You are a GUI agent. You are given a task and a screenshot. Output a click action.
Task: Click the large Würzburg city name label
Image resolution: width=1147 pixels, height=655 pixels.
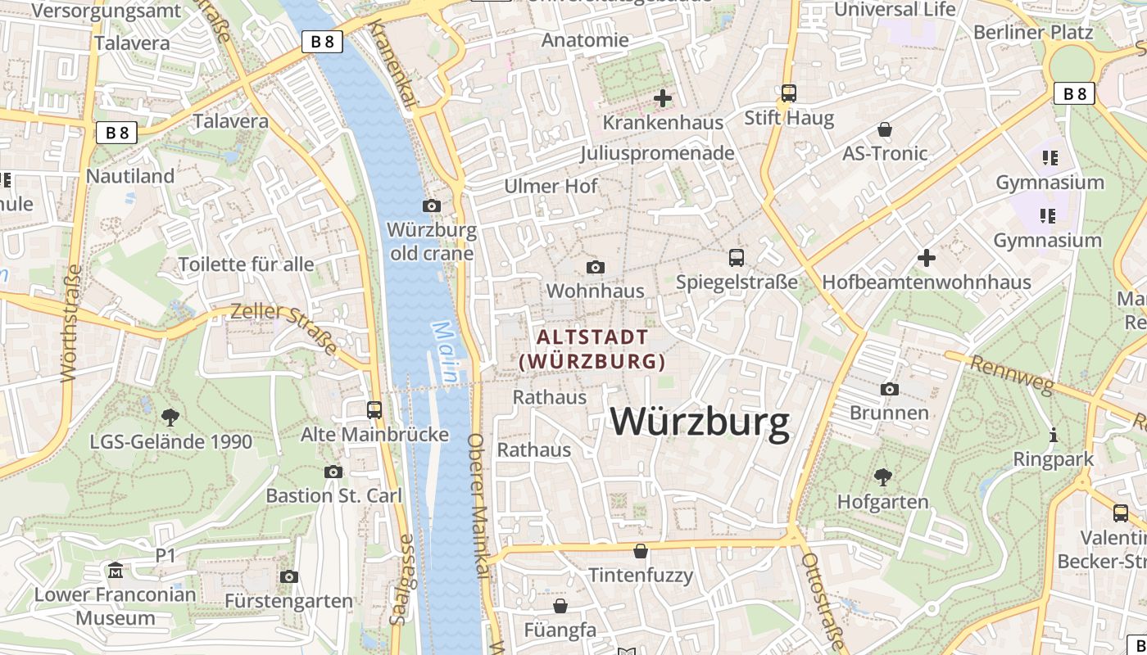(700, 422)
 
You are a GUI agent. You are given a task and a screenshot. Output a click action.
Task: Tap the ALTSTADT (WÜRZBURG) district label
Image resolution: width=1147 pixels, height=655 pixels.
(592, 349)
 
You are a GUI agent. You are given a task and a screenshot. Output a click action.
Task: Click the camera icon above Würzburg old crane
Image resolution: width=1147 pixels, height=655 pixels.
(432, 206)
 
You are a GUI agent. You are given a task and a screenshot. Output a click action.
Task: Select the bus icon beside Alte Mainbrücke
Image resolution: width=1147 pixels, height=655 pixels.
(374, 409)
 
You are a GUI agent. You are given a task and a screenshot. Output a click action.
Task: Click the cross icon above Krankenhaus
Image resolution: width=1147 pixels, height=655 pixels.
(663, 98)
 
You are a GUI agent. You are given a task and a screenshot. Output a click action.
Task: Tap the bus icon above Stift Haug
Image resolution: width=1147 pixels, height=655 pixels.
(789, 93)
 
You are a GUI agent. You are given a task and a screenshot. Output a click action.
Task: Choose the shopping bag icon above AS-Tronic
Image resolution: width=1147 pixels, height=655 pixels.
(885, 129)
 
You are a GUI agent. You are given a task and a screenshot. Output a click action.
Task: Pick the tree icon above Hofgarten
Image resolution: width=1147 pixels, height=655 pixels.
(882, 477)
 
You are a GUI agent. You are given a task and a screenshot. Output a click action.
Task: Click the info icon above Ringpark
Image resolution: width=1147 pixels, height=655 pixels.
(1054, 435)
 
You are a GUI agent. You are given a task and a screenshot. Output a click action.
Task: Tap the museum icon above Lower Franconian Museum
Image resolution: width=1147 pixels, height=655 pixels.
(116, 570)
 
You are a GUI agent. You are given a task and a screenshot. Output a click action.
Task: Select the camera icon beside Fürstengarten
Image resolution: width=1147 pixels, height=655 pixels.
(288, 577)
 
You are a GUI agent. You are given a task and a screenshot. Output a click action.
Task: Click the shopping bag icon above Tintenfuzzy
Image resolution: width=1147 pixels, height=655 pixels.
(641, 551)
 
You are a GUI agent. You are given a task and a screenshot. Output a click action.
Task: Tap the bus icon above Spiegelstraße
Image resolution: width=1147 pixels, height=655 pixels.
(737, 258)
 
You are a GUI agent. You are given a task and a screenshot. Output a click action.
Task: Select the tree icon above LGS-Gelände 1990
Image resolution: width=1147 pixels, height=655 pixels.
(170, 418)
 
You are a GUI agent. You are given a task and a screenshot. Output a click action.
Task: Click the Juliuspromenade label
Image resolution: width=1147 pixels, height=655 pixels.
(657, 153)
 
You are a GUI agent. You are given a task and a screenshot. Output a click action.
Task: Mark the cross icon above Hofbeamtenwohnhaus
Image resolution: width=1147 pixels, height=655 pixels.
(927, 258)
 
